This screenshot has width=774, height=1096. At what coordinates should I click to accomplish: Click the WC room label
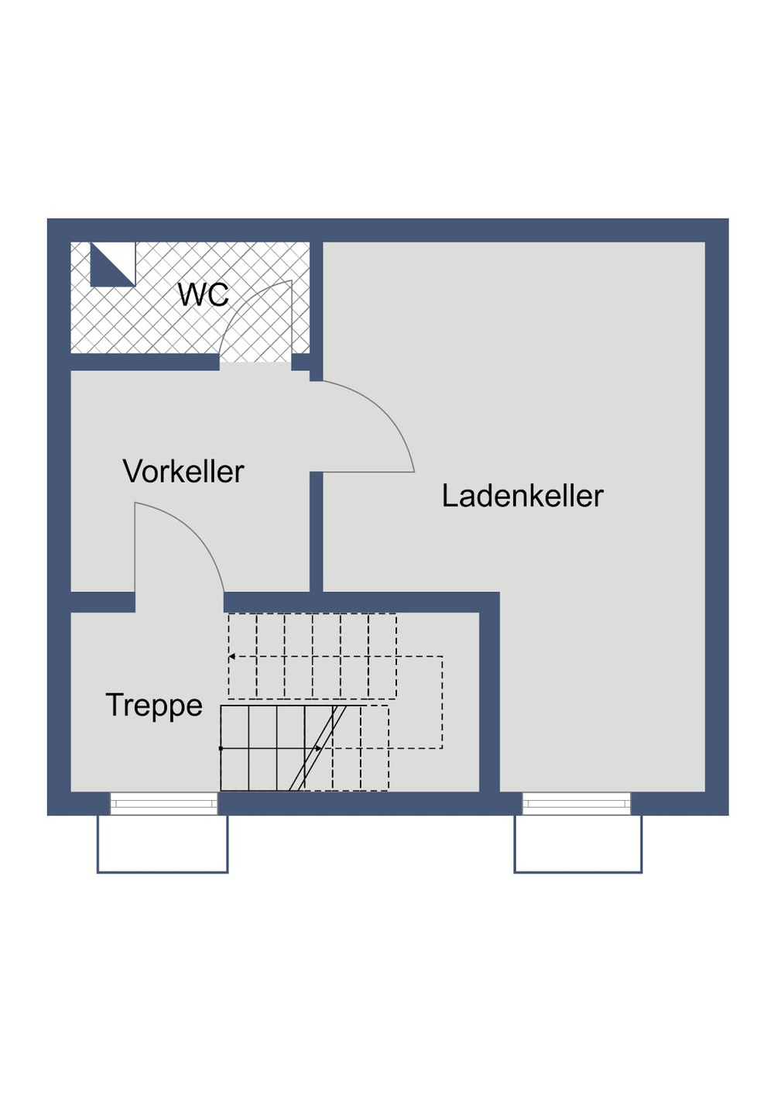[x=203, y=295]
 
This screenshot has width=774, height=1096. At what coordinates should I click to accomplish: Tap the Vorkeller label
[x=183, y=472]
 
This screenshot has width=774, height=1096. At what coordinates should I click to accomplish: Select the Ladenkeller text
[x=522, y=496]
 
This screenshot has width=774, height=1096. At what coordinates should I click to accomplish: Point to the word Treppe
[x=154, y=706]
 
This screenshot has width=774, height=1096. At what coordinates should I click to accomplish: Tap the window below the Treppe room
[x=163, y=803]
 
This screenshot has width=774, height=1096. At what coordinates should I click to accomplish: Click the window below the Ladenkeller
[x=577, y=803]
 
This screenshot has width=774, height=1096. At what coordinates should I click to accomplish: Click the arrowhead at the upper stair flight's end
[x=231, y=657]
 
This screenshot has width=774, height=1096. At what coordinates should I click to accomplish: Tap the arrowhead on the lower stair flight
[x=318, y=748]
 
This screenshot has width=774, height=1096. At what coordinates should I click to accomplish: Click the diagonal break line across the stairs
[x=317, y=748]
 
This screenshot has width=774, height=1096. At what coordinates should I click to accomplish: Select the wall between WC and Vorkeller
[x=144, y=362]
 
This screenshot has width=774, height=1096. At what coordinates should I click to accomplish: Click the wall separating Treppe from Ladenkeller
[x=489, y=697]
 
